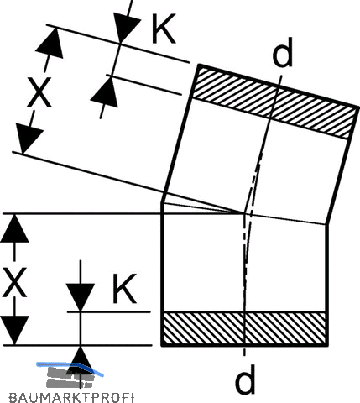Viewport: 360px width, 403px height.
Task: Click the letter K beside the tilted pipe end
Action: [164, 29]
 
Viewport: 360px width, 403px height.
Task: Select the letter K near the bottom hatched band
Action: [124, 289]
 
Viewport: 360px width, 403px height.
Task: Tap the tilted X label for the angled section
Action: [39, 92]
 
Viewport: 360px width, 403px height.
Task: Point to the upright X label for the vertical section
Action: [14, 282]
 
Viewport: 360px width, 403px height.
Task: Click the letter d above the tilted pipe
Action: [283, 52]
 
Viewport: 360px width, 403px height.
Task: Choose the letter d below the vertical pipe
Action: [245, 379]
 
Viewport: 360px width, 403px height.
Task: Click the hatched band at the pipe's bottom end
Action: [245, 328]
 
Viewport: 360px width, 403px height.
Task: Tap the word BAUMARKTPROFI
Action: [72, 398]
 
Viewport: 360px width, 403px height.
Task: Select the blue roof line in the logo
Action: [70, 368]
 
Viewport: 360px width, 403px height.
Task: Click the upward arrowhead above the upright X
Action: [14, 228]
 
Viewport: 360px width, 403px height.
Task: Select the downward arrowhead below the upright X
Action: [14, 330]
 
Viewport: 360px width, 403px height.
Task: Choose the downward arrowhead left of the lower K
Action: [81, 297]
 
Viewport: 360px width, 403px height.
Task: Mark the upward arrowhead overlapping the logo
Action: [81, 360]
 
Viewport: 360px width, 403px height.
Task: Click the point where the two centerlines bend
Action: [245, 213]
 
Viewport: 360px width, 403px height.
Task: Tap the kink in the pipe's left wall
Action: [162, 202]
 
